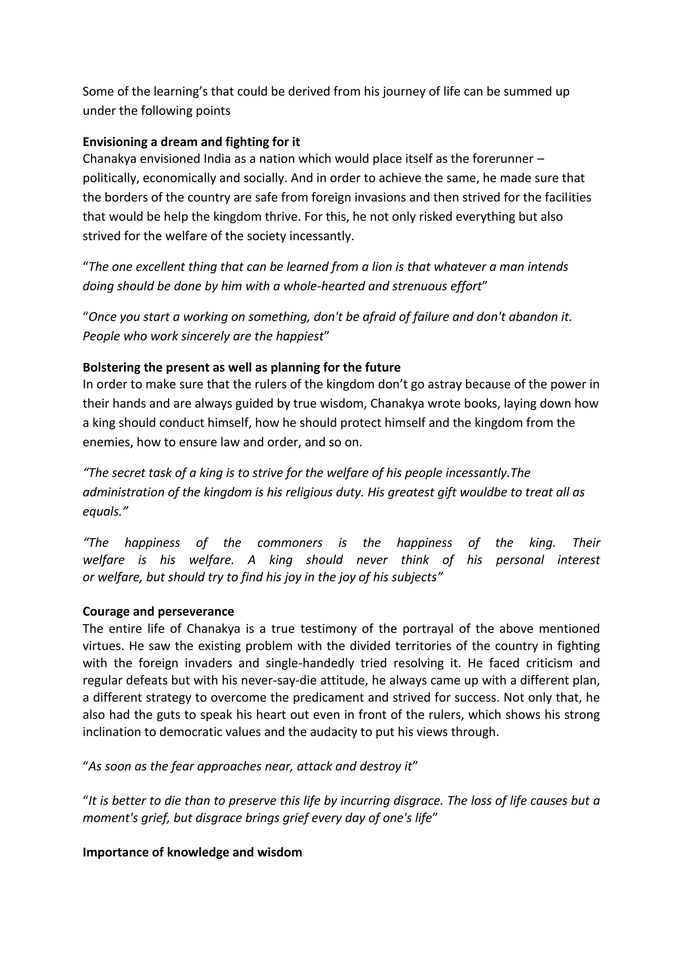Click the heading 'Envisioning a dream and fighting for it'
pyautogui.click(x=191, y=142)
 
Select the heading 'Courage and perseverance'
pyautogui.click(x=158, y=611)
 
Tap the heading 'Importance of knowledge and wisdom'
pyautogui.click(x=192, y=852)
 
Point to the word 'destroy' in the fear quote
pyautogui.click(x=381, y=766)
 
